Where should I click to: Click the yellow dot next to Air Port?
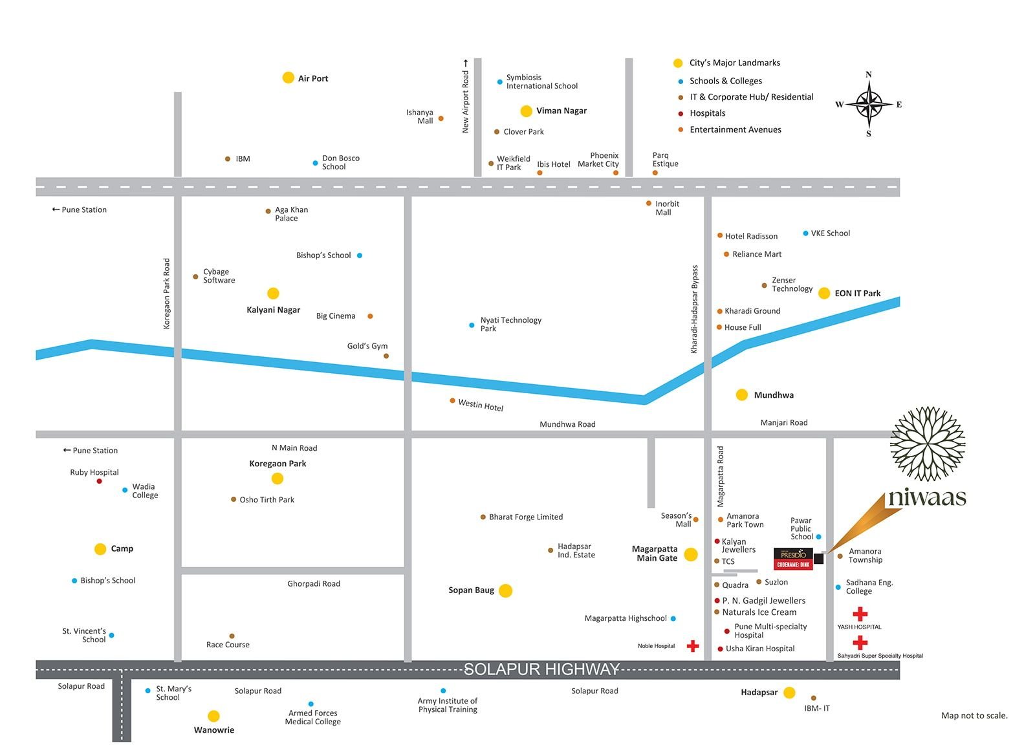tap(289, 78)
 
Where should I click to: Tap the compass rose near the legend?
tap(869, 103)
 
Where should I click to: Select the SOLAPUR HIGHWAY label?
tap(541, 669)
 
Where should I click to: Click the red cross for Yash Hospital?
tap(860, 614)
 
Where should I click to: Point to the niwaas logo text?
tap(927, 497)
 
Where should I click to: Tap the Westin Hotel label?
tap(481, 405)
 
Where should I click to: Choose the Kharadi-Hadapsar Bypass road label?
tap(695, 309)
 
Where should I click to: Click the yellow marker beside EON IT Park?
tap(824, 293)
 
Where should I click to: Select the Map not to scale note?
tap(974, 715)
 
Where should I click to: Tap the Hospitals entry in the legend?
tap(707, 113)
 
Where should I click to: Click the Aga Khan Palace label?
tap(291, 214)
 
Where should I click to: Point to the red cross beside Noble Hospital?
tap(693, 646)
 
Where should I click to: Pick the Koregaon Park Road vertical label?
tap(167, 294)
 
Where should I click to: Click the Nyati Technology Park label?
tap(510, 324)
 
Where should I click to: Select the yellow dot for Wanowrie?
tap(213, 716)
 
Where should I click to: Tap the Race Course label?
tap(228, 645)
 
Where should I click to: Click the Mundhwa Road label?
tap(567, 424)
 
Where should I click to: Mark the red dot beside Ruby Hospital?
tap(99, 481)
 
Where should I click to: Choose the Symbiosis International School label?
tap(541, 81)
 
